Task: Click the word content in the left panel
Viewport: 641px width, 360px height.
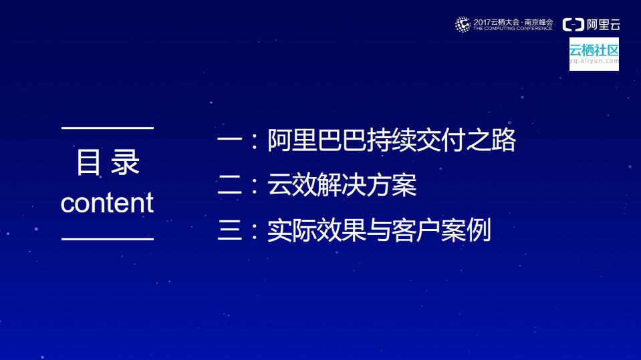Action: click(107, 203)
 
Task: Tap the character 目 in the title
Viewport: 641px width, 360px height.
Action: click(88, 163)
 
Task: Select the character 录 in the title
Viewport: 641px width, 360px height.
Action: click(126, 163)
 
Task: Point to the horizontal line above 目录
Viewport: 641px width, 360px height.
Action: click(107, 127)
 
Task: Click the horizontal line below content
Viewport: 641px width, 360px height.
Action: click(107, 238)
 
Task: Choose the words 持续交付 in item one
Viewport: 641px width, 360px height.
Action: click(416, 141)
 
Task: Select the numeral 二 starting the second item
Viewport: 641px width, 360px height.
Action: click(229, 186)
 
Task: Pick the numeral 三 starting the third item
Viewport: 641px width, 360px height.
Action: click(229, 230)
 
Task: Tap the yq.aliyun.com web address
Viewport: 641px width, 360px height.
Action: click(594, 61)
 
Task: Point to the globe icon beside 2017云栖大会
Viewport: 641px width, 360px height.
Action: click(463, 25)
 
